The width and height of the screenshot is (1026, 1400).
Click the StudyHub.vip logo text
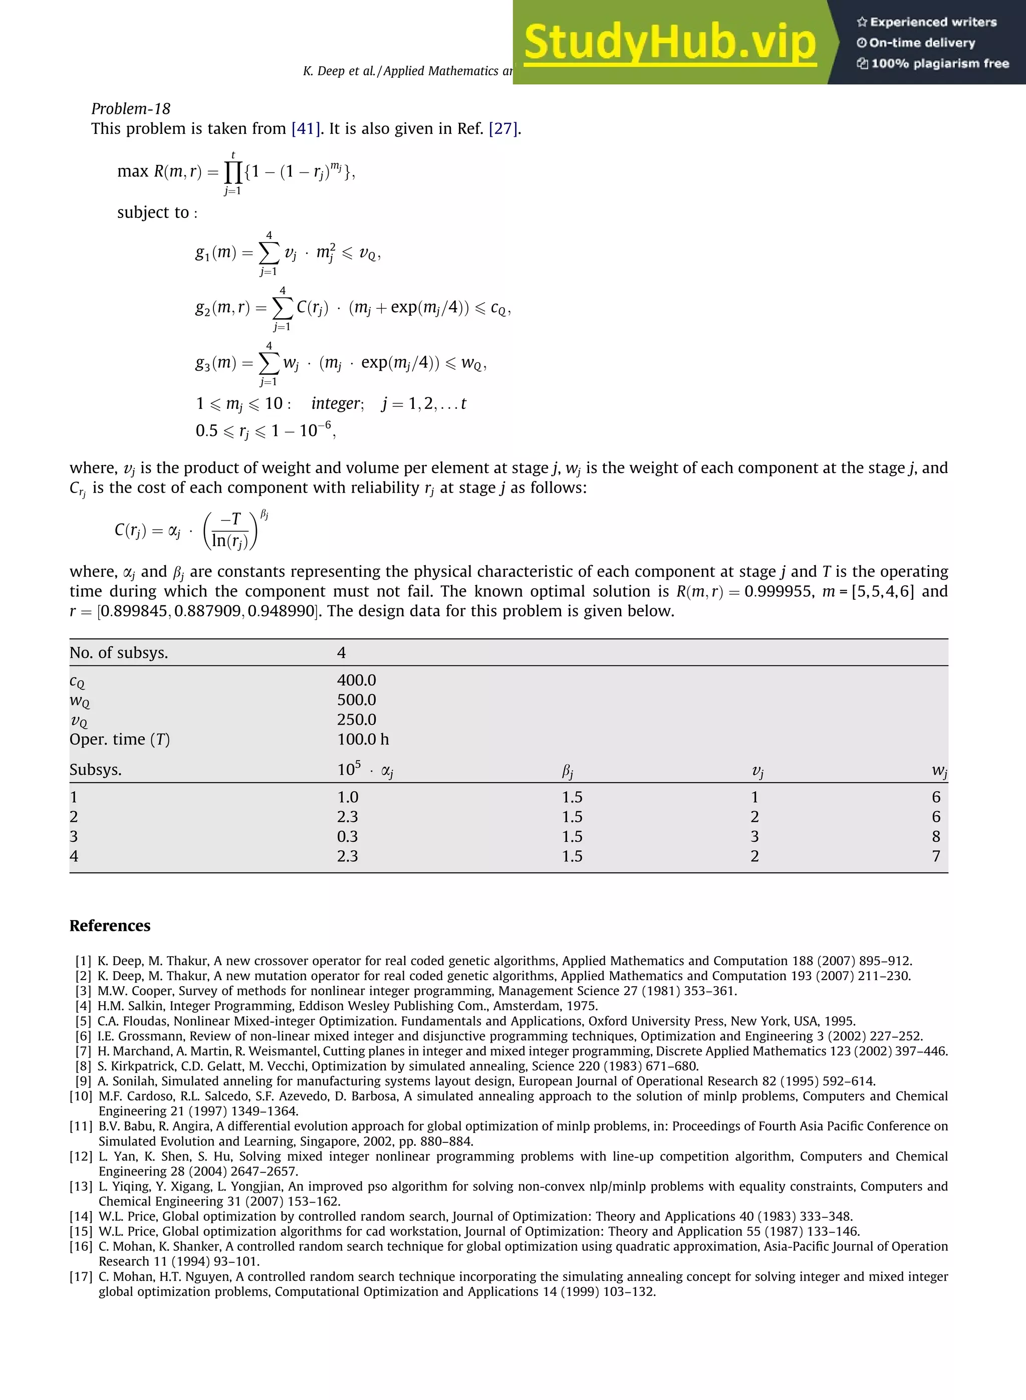669,42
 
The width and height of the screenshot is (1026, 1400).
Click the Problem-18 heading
130,109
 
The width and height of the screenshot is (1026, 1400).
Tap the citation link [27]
503,129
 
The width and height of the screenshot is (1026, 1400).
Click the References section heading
110,925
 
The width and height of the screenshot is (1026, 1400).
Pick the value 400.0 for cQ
357,680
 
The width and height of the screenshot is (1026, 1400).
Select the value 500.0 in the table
357,700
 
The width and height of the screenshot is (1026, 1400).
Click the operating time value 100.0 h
363,739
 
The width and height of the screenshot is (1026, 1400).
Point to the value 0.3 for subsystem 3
347,837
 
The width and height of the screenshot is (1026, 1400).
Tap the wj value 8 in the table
936,837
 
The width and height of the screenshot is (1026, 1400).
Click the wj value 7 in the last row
936,856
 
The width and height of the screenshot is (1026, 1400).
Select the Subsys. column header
96,770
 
